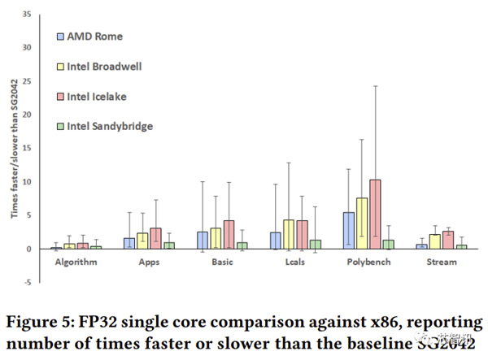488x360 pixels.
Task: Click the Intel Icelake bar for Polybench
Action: [375, 215]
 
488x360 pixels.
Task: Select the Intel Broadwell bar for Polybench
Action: [362, 223]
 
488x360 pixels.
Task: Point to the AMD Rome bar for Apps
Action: [129, 244]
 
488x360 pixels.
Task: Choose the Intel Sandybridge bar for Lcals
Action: [316, 245]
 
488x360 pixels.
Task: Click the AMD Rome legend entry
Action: [89, 37]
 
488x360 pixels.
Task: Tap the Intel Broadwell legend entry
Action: [98, 67]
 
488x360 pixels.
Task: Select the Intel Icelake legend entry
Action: [91, 97]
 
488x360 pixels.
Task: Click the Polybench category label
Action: [368, 262]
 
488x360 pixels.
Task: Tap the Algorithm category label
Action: [76, 262]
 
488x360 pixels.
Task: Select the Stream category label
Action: [442, 262]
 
